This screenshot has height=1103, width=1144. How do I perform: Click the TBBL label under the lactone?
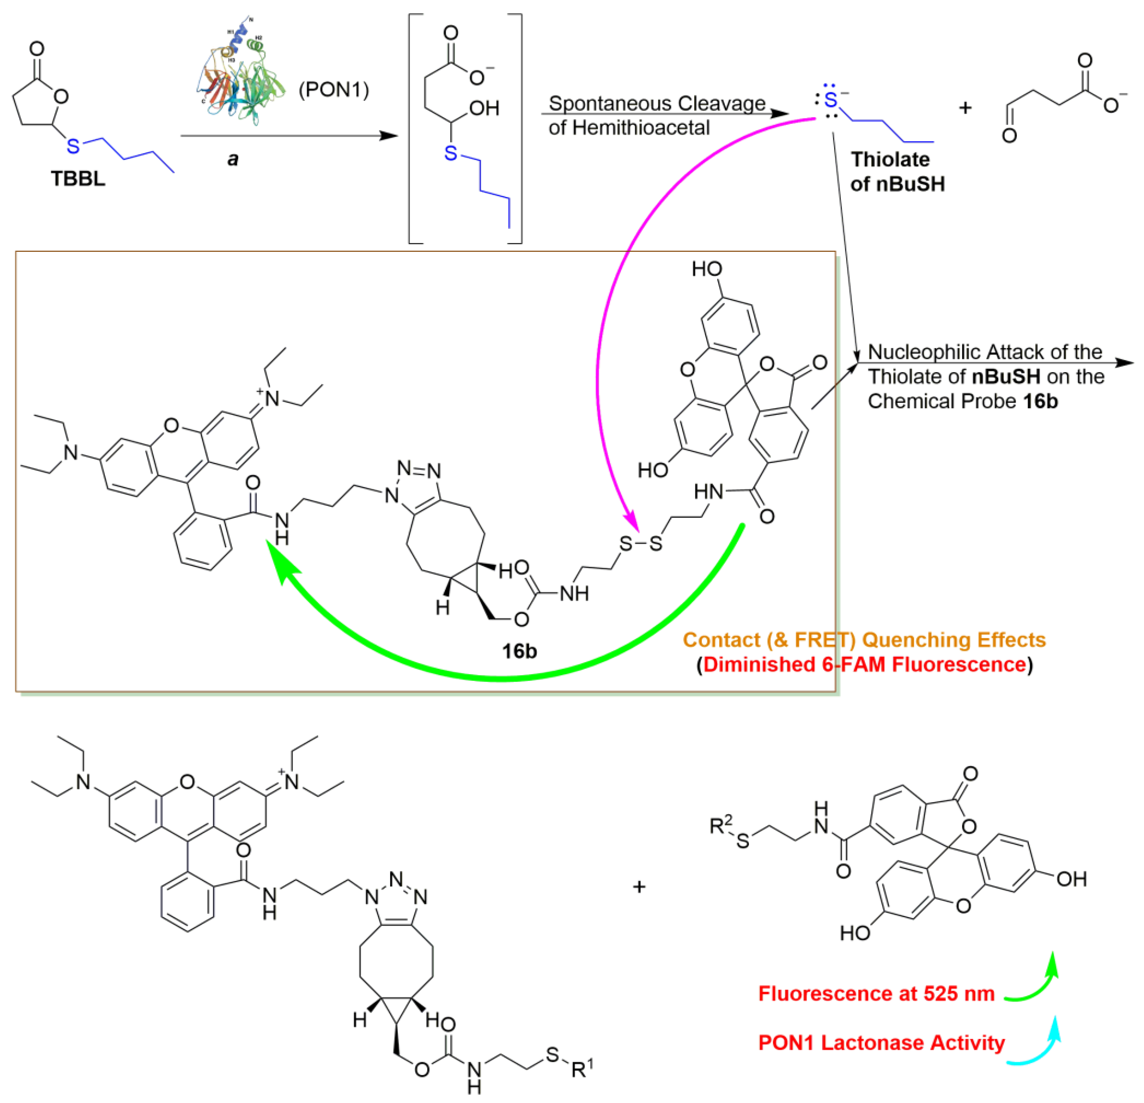78,179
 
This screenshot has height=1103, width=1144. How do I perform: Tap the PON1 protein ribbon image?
240,76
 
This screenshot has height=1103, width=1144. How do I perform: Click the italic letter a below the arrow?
233,159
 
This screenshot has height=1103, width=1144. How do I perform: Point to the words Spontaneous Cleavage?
657,103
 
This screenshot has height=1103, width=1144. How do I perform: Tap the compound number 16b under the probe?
519,651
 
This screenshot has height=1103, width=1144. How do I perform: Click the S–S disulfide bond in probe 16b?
640,543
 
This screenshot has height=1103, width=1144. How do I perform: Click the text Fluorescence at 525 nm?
876,993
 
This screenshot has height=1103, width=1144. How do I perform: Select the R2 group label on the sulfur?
720,825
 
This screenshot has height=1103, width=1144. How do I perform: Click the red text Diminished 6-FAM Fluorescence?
864,665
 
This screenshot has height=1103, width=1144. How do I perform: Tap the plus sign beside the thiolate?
965,108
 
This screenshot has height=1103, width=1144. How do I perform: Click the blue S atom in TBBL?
72,146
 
